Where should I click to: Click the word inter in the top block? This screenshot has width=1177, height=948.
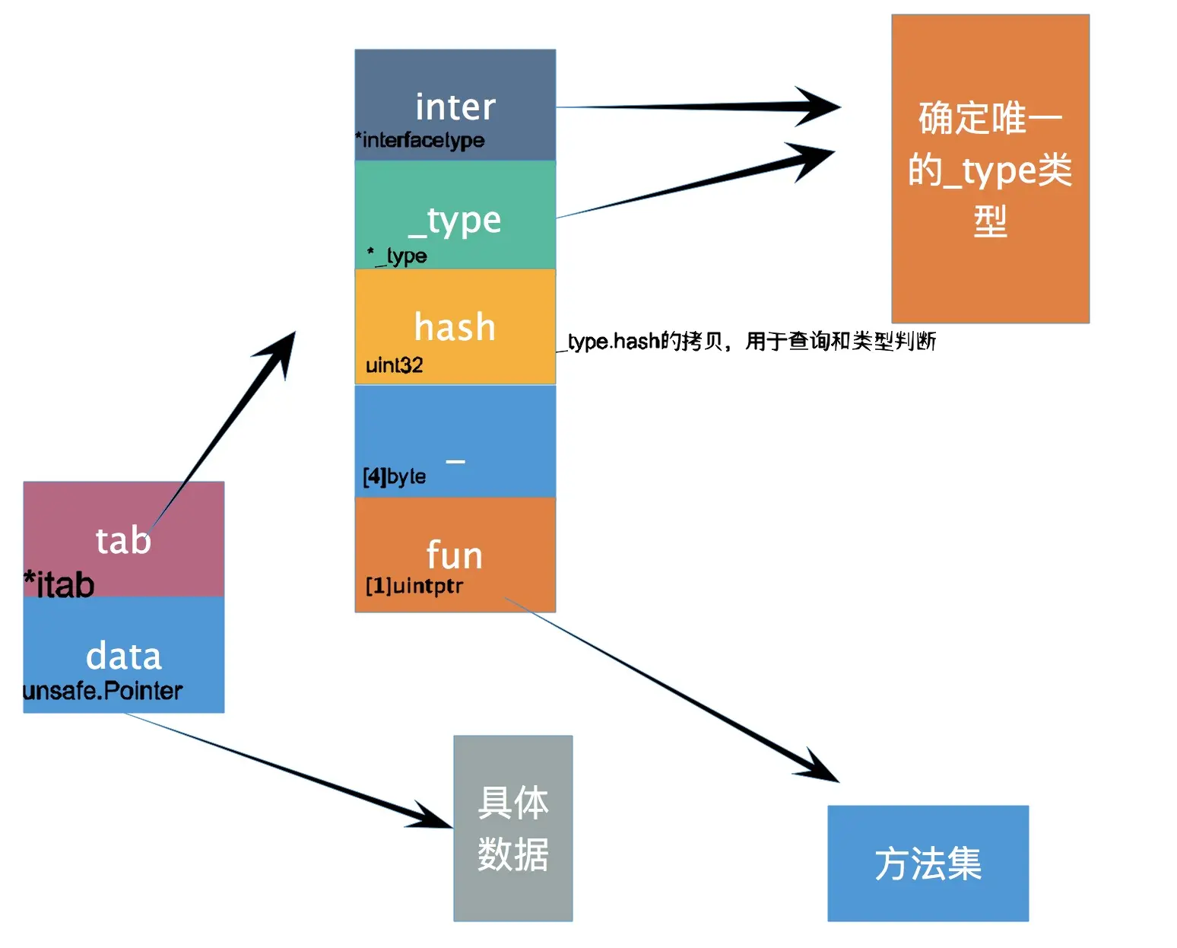click(x=455, y=107)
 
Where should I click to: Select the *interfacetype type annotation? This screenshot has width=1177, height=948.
click(x=420, y=140)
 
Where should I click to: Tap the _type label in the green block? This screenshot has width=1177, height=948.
click(x=455, y=221)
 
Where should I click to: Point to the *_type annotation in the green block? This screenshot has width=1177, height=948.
click(x=397, y=255)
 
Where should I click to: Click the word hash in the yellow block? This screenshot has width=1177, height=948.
click(x=455, y=327)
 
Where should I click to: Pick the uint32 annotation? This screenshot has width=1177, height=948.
click(x=394, y=365)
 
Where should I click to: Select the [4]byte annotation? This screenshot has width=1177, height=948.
click(x=394, y=477)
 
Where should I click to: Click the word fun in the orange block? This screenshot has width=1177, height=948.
click(x=455, y=555)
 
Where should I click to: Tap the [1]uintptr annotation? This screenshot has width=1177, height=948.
click(x=414, y=586)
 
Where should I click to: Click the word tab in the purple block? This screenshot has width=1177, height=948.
click(x=123, y=540)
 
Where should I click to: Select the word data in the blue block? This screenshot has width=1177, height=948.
click(x=123, y=656)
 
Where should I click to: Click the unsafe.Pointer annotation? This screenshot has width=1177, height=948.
click(x=103, y=691)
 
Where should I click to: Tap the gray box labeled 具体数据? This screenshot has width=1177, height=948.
click(x=513, y=828)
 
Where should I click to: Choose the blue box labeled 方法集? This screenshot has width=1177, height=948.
click(x=928, y=863)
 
